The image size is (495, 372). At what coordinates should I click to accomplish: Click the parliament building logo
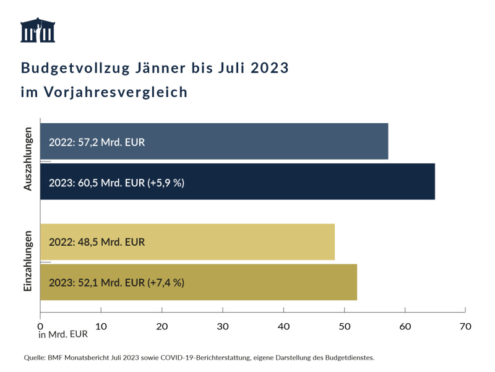[x=38, y=30]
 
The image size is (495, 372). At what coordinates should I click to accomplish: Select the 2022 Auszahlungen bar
[x=214, y=142]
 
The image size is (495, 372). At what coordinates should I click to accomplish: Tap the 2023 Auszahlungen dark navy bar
[x=238, y=182]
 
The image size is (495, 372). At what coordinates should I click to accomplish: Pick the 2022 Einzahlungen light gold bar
[x=187, y=242]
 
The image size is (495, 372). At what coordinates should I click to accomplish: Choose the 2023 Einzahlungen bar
[x=199, y=282]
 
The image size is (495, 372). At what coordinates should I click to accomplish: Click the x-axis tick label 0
[x=40, y=326]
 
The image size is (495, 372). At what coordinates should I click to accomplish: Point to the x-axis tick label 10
[x=101, y=326]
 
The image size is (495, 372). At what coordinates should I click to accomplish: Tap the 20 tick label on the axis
[x=162, y=326]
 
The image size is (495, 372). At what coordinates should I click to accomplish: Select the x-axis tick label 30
[x=223, y=326]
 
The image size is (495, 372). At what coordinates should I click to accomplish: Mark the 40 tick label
[x=283, y=326]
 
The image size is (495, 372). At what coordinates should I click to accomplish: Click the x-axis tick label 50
[x=344, y=326]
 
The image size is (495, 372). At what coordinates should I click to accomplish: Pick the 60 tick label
[x=405, y=326]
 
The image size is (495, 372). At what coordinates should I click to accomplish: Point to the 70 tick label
[x=465, y=326]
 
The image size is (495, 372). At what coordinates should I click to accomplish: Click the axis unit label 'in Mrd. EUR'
[x=62, y=335]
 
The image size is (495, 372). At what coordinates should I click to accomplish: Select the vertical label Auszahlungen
[x=28, y=159]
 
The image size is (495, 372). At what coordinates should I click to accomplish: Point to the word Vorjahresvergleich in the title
[x=116, y=92]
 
